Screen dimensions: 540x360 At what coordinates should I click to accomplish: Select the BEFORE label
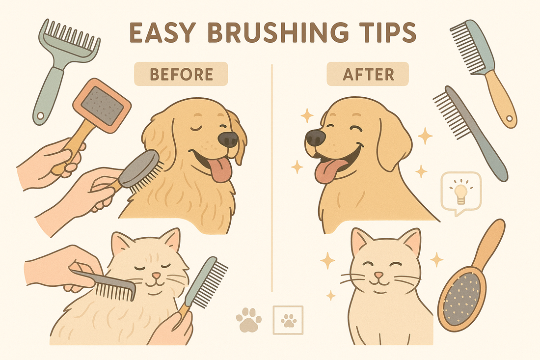(181, 74)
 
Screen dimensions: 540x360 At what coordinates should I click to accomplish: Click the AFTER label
(368, 74)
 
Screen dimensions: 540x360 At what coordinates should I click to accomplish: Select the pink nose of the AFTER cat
(379, 275)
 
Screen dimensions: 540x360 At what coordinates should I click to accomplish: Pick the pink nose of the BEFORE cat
(157, 276)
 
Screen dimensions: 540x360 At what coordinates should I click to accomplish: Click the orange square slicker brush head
(102, 106)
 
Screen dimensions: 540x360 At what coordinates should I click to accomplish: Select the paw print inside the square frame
(289, 320)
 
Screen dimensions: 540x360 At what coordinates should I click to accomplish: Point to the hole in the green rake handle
(41, 116)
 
